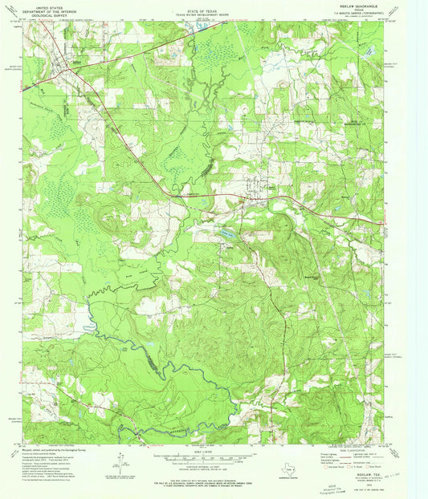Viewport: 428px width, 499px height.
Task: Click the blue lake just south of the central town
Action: click(227, 233)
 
